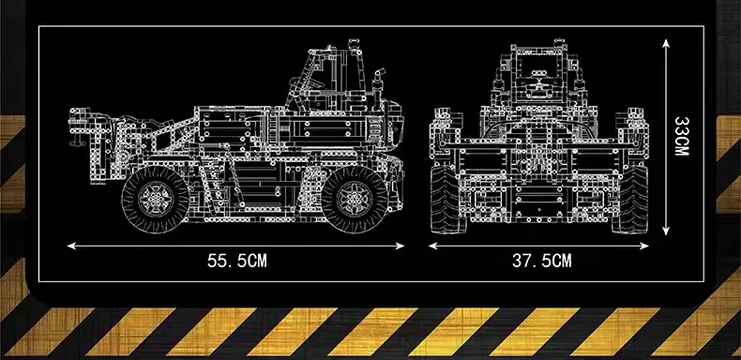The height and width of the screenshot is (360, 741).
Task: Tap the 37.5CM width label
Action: pyautogui.click(x=541, y=262)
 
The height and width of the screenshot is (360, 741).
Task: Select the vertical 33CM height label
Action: pyautogui.click(x=682, y=138)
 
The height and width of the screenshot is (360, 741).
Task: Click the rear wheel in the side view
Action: pyautogui.click(x=152, y=198)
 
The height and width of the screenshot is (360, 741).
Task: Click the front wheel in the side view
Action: pyautogui.click(x=354, y=198)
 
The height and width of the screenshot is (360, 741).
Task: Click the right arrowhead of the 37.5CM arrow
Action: pyautogui.click(x=649, y=247)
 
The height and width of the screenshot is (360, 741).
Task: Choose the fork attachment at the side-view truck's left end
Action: pyautogui.click(x=95, y=141)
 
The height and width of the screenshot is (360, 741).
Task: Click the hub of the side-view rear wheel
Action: pyautogui.click(x=152, y=198)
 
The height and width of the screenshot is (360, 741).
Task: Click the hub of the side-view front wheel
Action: pyautogui.click(x=354, y=198)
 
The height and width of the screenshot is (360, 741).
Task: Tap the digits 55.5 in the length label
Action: pyautogui.click(x=225, y=262)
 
